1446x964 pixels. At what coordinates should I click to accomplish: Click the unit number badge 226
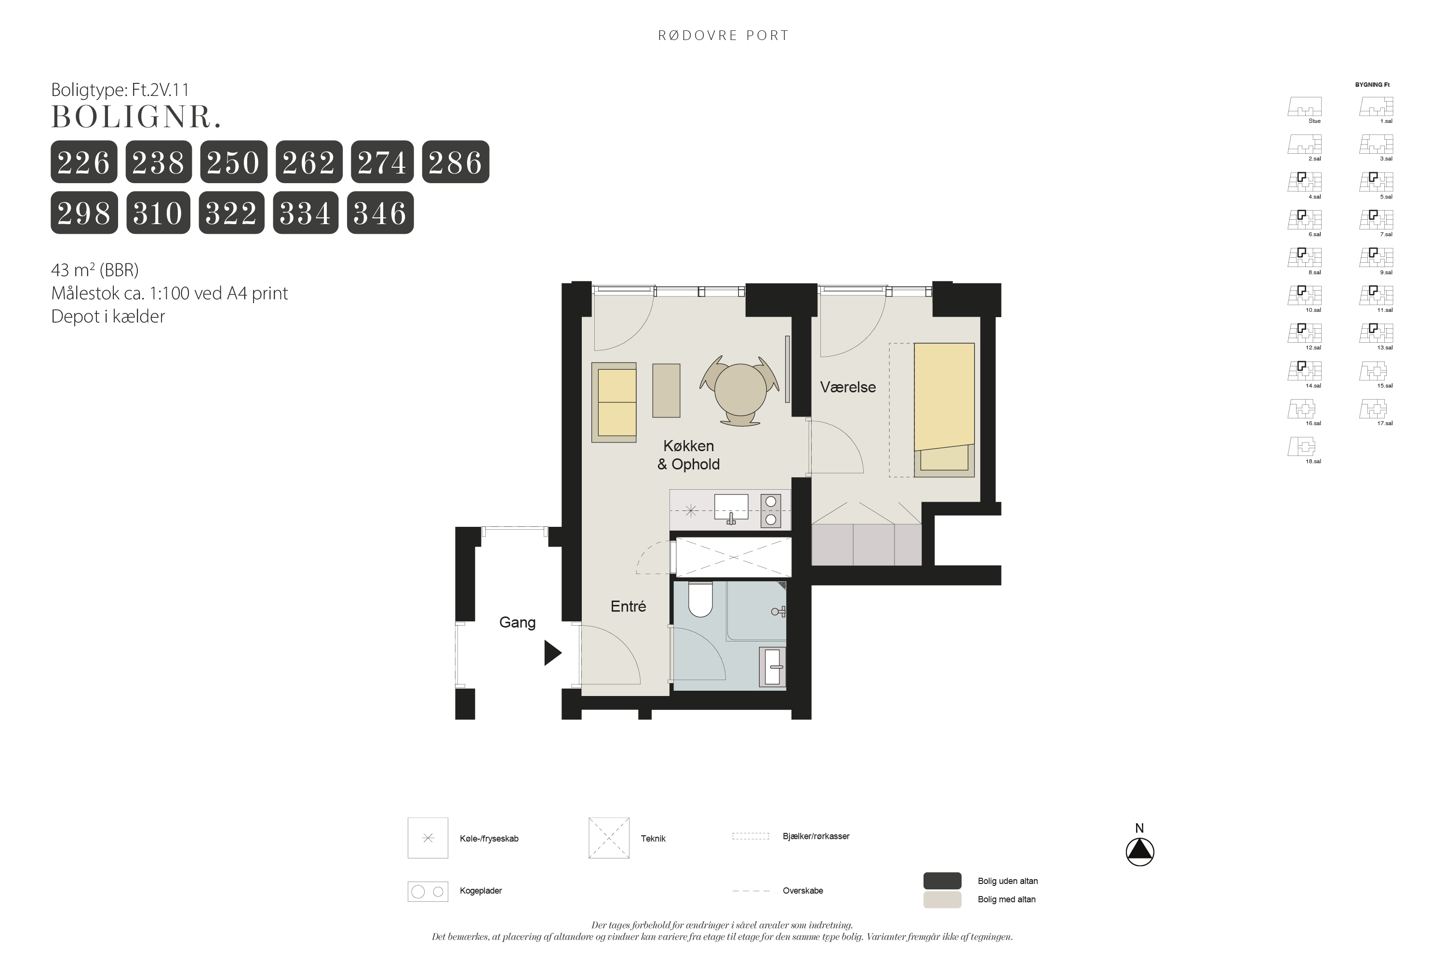pos(83,161)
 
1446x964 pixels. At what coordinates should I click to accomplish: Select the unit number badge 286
pos(455,161)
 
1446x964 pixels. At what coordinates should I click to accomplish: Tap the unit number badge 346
pos(380,213)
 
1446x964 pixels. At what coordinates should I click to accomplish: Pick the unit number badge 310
pos(158,213)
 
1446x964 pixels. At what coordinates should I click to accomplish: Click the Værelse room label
pos(848,388)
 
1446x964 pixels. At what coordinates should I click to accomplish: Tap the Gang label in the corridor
pos(517,622)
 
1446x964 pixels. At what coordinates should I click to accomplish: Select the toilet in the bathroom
pos(700,599)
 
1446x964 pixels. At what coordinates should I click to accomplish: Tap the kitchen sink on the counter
pos(731,509)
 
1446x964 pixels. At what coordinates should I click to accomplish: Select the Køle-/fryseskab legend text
pos(489,839)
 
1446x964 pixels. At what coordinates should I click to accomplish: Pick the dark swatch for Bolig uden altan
pos(942,881)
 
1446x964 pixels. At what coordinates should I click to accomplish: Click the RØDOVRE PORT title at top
pos(723,36)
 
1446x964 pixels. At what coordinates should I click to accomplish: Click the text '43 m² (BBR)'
pos(94,270)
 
